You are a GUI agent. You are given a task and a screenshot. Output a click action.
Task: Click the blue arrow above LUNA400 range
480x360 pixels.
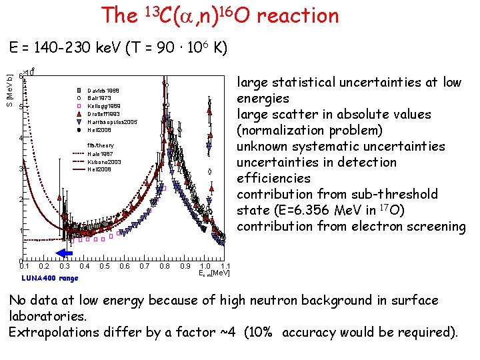(x=64, y=252)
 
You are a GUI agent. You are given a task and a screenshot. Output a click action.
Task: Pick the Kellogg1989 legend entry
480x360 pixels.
(x=103, y=106)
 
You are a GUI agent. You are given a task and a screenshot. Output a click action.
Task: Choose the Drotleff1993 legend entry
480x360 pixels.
(x=104, y=114)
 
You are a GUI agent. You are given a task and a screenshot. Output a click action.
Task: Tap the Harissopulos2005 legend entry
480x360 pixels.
(x=111, y=122)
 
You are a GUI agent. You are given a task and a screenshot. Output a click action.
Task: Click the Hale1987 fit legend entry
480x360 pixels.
(x=99, y=153)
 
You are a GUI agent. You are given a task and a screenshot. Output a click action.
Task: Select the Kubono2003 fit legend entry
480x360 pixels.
(x=103, y=161)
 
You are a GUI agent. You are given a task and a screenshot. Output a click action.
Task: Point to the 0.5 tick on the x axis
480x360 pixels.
(x=104, y=267)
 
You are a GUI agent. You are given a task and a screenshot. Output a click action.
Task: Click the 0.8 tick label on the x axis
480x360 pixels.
(x=164, y=267)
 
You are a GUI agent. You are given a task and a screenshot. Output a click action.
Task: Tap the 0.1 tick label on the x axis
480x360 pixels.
(x=25, y=267)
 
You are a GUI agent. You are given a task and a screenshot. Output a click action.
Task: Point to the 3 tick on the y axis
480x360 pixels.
(x=21, y=169)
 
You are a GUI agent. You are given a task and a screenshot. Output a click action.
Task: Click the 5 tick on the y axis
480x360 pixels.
(x=21, y=107)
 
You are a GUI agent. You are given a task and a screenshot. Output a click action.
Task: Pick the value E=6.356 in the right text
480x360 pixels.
(x=306, y=210)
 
